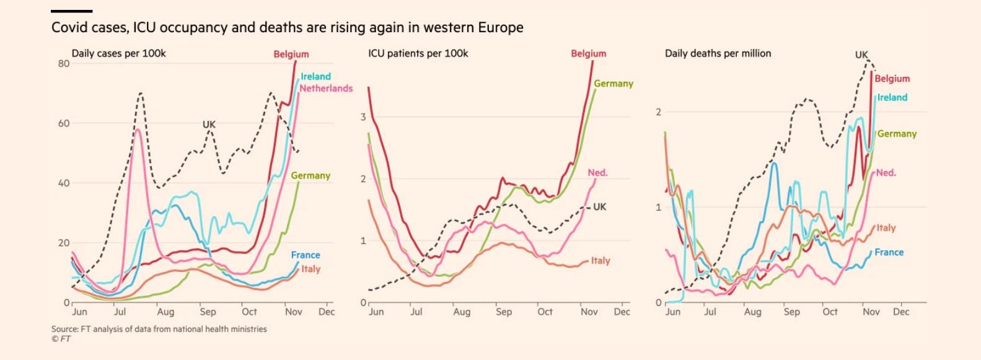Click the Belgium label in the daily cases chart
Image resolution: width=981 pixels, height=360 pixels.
coord(291,54)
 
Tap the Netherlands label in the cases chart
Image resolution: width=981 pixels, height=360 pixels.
coord(326,89)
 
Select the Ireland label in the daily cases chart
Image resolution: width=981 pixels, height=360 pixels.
coord(316,77)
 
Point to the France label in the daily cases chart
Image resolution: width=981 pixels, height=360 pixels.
coord(306,255)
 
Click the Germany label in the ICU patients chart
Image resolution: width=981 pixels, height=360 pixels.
coord(614,84)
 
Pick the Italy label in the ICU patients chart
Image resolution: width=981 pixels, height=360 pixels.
coord(600,261)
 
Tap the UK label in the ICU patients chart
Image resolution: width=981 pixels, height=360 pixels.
coord(600,207)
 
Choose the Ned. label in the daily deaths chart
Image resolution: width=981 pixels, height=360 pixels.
coord(886,173)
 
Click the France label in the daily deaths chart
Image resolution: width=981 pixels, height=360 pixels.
coord(889,252)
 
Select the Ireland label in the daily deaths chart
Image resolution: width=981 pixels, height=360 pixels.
coord(892,98)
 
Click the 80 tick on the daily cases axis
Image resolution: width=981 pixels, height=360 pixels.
coord(64,64)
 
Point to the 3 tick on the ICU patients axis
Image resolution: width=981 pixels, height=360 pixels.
coord(364,117)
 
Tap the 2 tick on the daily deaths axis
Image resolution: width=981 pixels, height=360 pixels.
coord(659,112)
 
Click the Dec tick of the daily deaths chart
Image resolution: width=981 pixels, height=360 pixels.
coord(902,312)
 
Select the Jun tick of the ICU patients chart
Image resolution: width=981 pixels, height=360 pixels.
coord(376,312)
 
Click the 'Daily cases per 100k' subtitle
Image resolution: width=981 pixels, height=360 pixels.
coord(119,53)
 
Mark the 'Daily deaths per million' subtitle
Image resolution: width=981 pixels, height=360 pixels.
coord(718,53)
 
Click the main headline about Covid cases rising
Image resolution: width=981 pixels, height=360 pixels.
coord(288,28)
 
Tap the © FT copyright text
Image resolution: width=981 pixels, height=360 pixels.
coord(61,339)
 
